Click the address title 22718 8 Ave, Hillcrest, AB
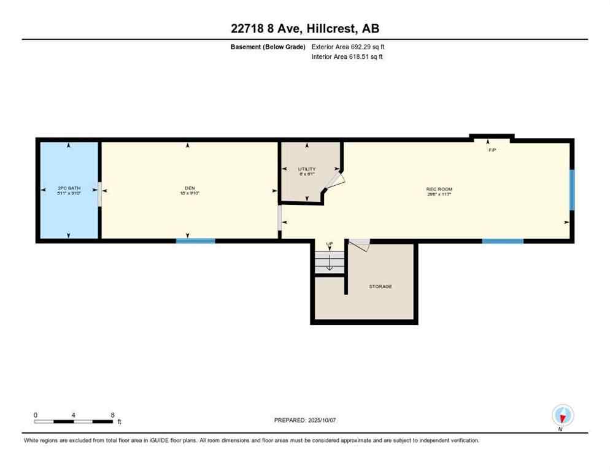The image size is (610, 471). click(305, 28)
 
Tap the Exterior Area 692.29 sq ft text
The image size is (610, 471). click(348, 47)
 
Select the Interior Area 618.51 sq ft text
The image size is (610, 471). click(348, 56)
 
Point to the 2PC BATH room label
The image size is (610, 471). click(69, 188)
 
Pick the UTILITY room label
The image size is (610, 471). click(307, 169)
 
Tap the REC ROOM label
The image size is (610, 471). click(439, 189)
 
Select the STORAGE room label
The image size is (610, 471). click(380, 286)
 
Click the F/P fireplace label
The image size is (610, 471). click(492, 150)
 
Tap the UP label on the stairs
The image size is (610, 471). click(330, 245)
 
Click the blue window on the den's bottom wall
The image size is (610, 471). click(196, 241)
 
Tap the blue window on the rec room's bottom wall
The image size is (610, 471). click(503, 241)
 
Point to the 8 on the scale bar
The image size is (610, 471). click(112, 415)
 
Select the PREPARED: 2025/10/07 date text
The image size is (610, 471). click(305, 420)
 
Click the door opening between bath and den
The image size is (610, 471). click(99, 194)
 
